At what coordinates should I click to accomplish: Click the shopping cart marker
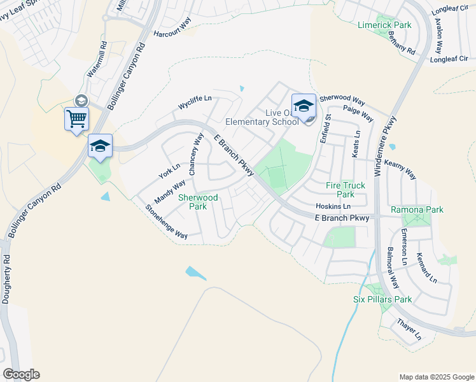coord(76,118)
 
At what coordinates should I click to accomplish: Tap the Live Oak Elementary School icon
coord(304,106)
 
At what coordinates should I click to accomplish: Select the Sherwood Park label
coord(198,202)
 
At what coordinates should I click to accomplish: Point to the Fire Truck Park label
coord(346,190)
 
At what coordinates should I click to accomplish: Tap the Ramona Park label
coord(417,209)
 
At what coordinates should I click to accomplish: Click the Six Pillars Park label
coord(382,299)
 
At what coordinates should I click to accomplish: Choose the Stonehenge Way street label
coord(166,222)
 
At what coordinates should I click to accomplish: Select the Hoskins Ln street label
coord(333,207)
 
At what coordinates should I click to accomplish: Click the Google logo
coord(21,374)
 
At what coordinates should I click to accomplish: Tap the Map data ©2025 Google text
coord(436,376)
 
